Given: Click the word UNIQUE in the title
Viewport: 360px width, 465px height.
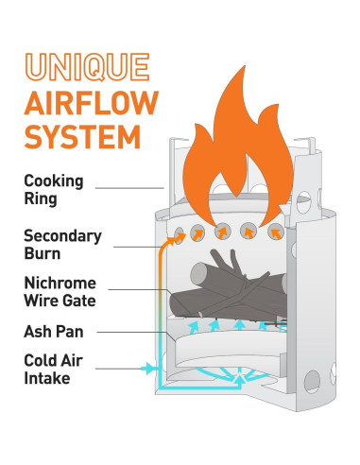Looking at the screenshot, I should click(87, 68).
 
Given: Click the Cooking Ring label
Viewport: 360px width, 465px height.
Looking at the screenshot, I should click(53, 189).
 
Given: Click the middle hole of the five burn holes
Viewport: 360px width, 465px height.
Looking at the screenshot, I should click(225, 231).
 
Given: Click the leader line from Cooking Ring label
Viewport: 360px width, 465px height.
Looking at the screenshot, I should click(128, 189).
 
